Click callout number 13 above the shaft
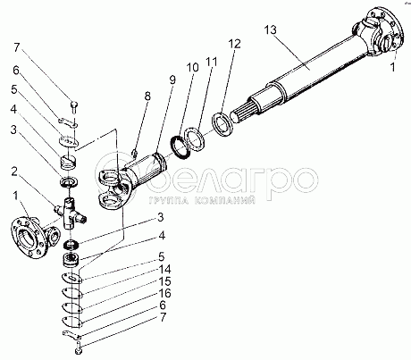tap(271, 30)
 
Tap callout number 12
tap(234, 44)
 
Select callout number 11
tap(212, 62)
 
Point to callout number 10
tap(192, 68)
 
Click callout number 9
tap(172, 80)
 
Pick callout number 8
tap(147, 96)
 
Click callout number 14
tap(165, 269)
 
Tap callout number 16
tap(165, 294)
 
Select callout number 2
tap(14, 172)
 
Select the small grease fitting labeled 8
tap(135, 153)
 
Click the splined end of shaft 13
tap(242, 113)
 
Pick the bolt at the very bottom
tap(78, 348)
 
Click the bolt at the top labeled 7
tap(73, 107)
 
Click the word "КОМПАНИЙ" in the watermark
tap(225, 201)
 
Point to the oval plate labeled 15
tap(71, 307)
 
